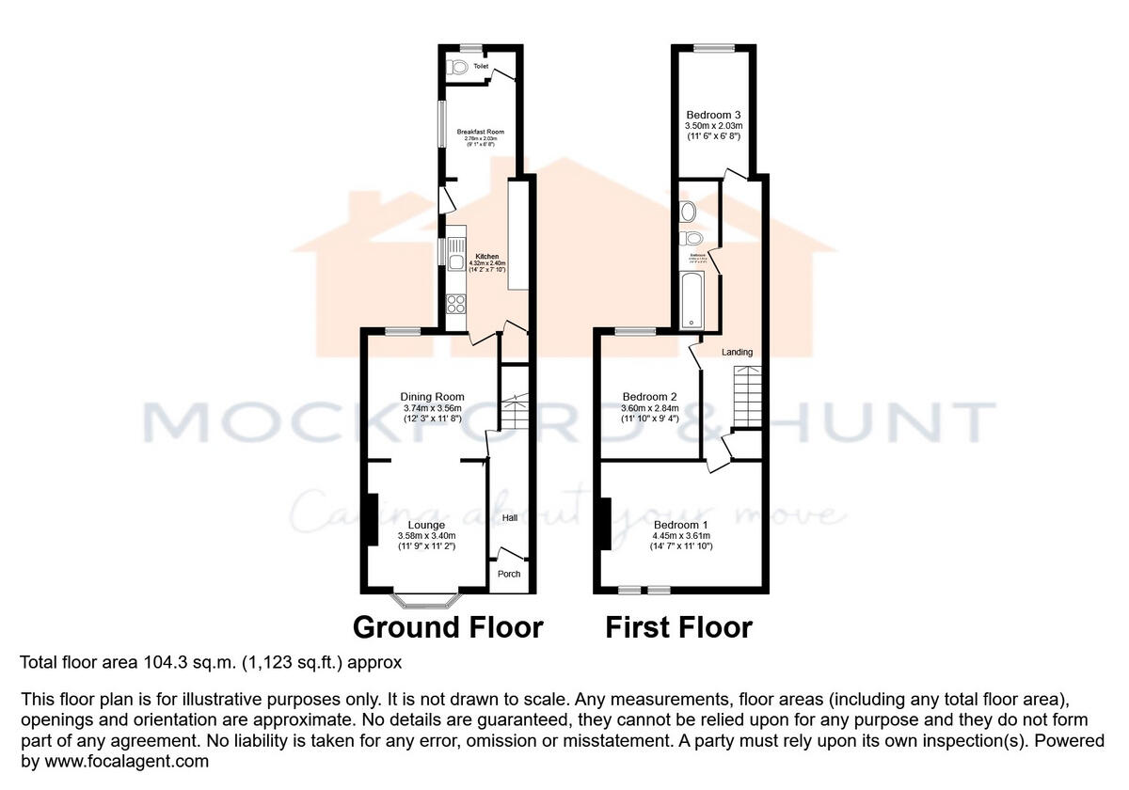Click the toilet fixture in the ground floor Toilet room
pyautogui.click(x=458, y=67)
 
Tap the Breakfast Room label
pyautogui.click(x=481, y=132)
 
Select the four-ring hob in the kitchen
pyautogui.click(x=456, y=304)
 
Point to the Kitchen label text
pyautogui.click(x=487, y=256)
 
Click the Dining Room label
pyautogui.click(x=432, y=396)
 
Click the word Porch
pyautogui.click(x=509, y=574)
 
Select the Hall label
pyautogui.click(x=509, y=517)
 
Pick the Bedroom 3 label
pyautogui.click(x=713, y=114)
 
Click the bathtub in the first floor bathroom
pyautogui.click(x=692, y=298)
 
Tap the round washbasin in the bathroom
pyautogui.click(x=688, y=210)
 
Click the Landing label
pyautogui.click(x=737, y=352)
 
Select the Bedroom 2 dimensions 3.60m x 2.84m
pyautogui.click(x=650, y=408)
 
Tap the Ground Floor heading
pyautogui.click(x=448, y=627)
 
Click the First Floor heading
pyautogui.click(x=678, y=627)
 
